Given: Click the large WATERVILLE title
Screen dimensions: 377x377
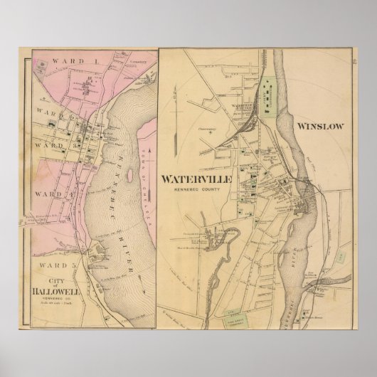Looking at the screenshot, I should [196, 179].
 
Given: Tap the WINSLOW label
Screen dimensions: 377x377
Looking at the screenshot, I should [321, 127].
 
